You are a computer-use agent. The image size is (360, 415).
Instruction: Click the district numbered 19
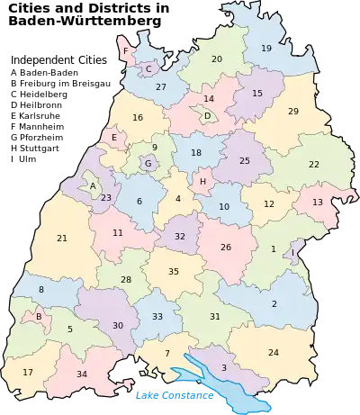[x=266, y=48]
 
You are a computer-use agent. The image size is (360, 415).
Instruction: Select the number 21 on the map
[x=62, y=239]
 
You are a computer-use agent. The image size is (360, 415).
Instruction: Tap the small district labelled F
[x=126, y=51]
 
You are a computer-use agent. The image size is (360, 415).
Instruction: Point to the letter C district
[x=148, y=68]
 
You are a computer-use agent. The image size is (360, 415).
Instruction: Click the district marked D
[x=207, y=115]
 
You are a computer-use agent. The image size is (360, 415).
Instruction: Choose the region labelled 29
[x=293, y=111]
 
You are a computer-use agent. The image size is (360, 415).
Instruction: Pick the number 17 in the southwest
[x=28, y=372]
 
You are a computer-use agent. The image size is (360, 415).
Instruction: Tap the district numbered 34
[x=82, y=374]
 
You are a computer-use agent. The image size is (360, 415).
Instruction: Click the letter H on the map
[x=203, y=181]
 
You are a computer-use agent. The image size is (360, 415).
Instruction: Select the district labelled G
[x=148, y=164]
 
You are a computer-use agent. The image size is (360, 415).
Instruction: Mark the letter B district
[x=39, y=316]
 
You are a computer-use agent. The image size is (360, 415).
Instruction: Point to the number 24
[x=274, y=352]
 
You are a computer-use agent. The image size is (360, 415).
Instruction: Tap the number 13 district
[x=318, y=203]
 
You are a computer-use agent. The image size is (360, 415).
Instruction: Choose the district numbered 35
[x=174, y=271]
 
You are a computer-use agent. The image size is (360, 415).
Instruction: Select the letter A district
[x=92, y=186]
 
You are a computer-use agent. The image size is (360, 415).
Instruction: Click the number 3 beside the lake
[x=223, y=367]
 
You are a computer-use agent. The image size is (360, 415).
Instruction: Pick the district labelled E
[x=114, y=138]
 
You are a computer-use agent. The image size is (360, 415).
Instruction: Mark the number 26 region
[x=226, y=247]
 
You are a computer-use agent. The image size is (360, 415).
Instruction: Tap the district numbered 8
[x=41, y=289]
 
